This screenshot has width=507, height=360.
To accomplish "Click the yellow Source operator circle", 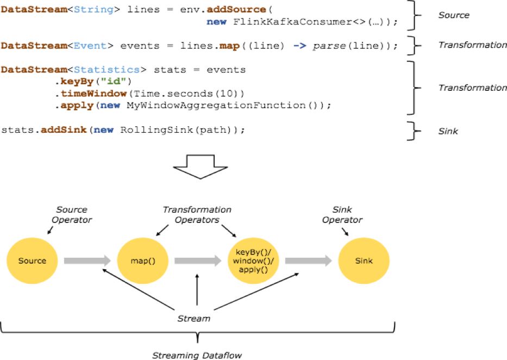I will pos(32,260).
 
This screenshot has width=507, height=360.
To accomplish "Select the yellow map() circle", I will pos(143,260).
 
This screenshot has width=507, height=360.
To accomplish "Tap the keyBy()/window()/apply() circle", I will pos(253,260).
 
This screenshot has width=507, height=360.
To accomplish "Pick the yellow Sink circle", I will pos(364,260).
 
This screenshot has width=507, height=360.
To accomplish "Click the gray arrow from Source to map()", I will pos(87,261).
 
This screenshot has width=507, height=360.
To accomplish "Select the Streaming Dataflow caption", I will pos(197,355).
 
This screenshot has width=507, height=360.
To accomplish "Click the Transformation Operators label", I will pos(197,214).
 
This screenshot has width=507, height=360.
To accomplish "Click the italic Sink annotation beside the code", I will pos(448,131).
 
